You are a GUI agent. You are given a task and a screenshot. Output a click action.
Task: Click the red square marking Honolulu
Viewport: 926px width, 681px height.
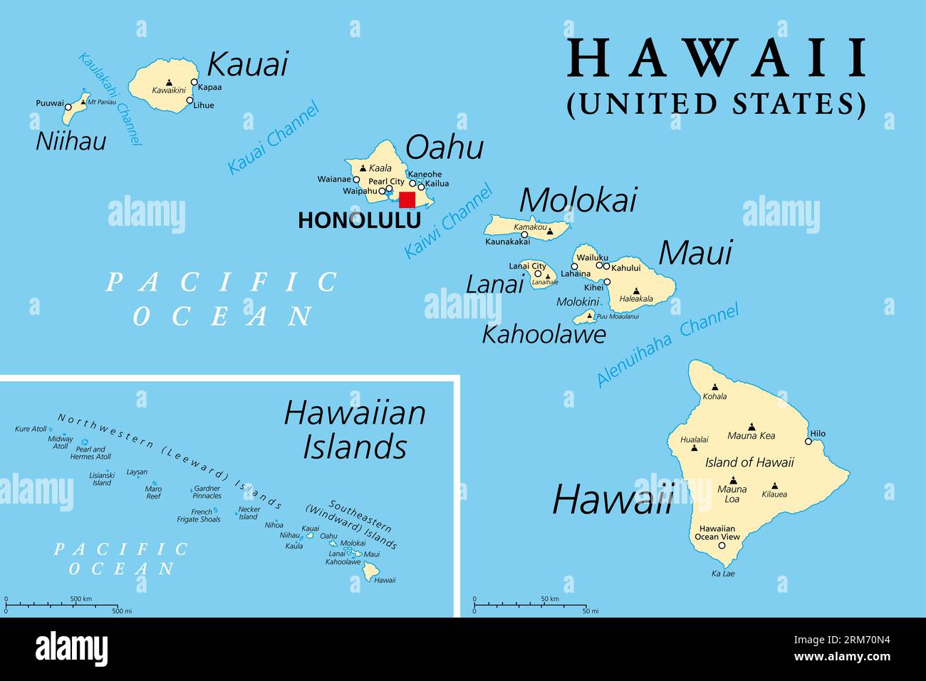[407, 199]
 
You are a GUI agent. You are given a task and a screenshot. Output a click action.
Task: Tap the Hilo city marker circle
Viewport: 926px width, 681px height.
[808, 441]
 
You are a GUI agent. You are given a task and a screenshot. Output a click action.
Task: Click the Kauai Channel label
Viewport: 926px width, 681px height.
[274, 138]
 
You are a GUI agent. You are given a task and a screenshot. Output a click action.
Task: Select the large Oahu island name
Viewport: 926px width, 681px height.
[444, 147]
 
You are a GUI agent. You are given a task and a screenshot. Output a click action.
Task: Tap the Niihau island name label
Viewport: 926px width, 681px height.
[71, 141]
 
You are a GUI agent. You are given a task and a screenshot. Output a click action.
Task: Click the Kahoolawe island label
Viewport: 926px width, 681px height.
[543, 333]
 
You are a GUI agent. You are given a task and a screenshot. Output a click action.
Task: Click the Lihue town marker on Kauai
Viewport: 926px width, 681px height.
[189, 100]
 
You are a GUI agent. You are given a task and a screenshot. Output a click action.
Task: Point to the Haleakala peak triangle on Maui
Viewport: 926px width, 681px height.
[636, 291]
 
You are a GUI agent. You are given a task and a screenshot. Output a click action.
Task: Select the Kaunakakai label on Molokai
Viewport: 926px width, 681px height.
[507, 242]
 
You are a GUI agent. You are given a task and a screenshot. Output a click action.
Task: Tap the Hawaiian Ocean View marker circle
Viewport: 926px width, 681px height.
[722, 546]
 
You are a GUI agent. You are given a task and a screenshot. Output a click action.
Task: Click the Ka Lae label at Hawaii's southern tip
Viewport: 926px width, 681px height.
[722, 573]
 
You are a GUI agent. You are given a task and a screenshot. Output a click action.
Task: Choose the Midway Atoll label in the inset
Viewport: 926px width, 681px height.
[61, 442]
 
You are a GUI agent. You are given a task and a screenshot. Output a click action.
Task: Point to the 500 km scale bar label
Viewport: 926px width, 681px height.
[81, 599]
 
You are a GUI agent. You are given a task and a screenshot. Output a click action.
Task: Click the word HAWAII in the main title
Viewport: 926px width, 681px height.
[717, 59]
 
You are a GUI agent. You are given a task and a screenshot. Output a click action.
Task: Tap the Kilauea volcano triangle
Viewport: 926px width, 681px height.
[774, 485]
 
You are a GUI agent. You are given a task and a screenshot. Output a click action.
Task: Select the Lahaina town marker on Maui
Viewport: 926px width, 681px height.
[575, 266]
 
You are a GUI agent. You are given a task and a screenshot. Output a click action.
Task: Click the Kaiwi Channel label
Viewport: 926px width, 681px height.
[448, 221]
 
